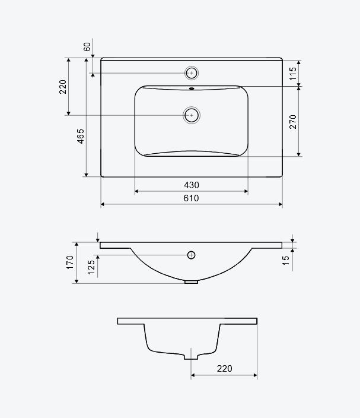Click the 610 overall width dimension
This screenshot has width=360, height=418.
coord(191,198)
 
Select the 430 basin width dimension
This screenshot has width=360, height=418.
coord(192,185)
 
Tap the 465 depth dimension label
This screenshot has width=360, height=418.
coord(81,136)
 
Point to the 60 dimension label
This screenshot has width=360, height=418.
coord(87,47)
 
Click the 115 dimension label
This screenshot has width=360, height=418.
coord(292,74)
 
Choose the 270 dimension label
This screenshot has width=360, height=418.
coord(292,122)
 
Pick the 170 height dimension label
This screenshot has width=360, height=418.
coord(70,262)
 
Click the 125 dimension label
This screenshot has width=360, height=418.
coord(91,267)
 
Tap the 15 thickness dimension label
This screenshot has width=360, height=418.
coord(286,261)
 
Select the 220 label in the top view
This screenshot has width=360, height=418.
coord(63,87)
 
